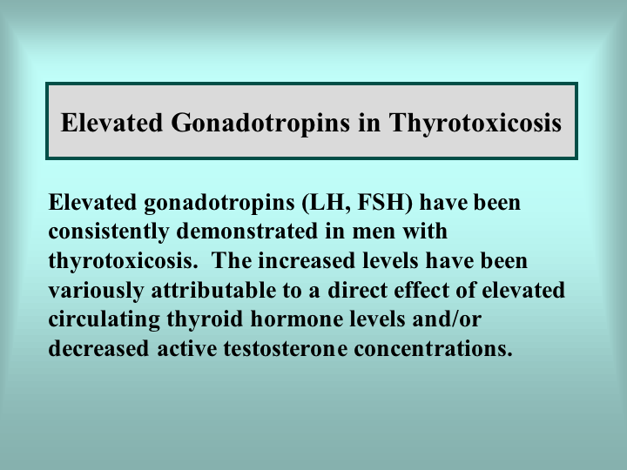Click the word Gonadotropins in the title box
(x=260, y=124)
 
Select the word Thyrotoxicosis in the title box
(x=475, y=124)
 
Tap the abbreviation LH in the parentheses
(x=327, y=202)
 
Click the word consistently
(x=109, y=232)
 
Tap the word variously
(x=96, y=291)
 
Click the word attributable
(x=213, y=290)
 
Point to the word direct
(x=357, y=290)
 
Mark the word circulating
(x=104, y=319)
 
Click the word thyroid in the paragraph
(x=205, y=319)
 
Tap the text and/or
(x=447, y=319)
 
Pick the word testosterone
(x=285, y=349)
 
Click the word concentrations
(x=433, y=349)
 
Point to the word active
(x=186, y=349)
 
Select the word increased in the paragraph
(x=307, y=260)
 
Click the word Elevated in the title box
(x=112, y=123)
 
